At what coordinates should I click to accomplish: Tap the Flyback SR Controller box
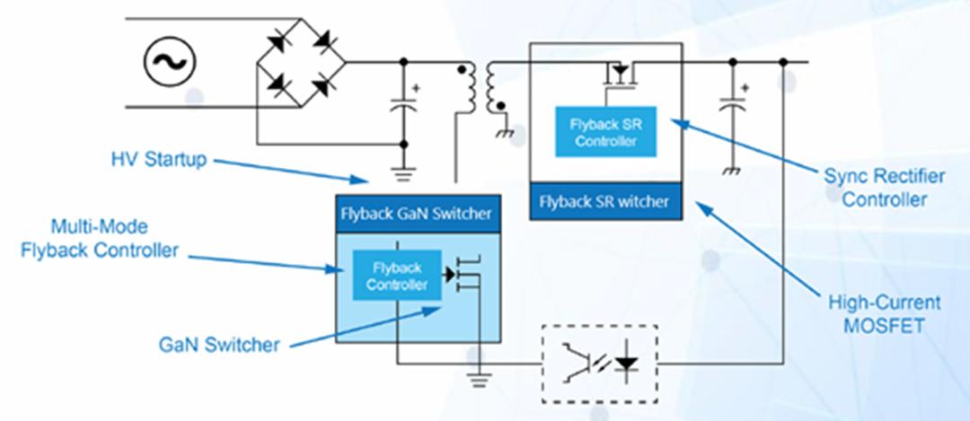click(606, 132)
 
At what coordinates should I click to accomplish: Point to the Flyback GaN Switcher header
click(416, 214)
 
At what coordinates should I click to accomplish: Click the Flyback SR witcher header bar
click(604, 202)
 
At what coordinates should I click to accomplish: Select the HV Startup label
click(158, 160)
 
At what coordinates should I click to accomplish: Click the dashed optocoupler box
click(600, 363)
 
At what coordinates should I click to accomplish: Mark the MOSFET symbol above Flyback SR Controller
click(620, 75)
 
